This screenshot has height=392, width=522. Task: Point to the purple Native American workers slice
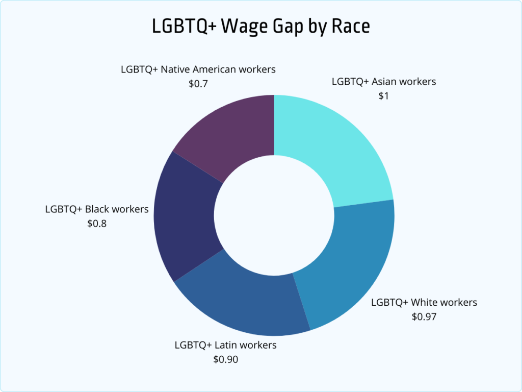point(229,133)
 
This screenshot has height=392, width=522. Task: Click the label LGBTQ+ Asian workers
point(384,81)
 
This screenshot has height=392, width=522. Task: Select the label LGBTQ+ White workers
point(424,302)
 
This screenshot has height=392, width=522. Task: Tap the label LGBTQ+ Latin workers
point(225,345)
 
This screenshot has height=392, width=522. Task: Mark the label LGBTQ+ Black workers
point(97,209)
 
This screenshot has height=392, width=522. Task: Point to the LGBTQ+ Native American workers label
point(198,69)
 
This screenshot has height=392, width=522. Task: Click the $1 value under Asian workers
point(383,95)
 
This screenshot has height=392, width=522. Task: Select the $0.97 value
point(424,316)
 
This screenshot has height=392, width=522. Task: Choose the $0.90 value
point(225,359)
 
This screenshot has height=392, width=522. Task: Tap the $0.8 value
point(97,223)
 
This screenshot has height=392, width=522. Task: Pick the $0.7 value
point(198,83)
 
